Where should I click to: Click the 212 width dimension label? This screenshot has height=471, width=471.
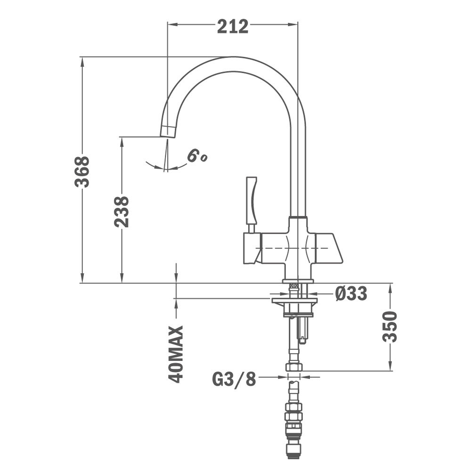pos(233,26)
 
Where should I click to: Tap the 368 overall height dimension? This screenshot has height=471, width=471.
pos(82,171)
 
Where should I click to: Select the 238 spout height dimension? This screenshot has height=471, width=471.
pos(122,212)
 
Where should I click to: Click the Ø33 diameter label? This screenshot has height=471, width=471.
pos(351,293)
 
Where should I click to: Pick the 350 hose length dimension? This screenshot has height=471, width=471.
pos(390,327)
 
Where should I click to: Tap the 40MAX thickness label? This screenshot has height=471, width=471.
pos(176,354)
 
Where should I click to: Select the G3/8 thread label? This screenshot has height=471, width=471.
pos(234,379)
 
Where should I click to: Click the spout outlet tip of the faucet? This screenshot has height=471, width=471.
pos(167,132)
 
